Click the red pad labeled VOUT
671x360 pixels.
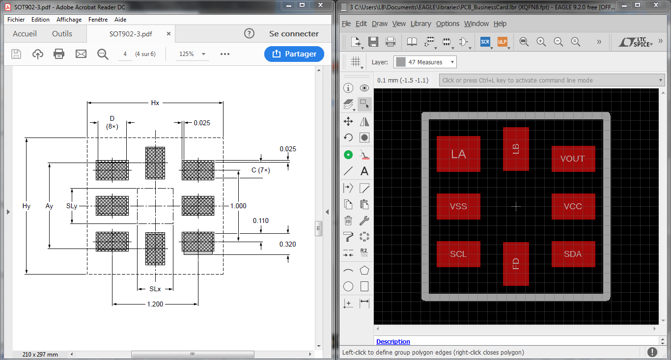coord(573,159)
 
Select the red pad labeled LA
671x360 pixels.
coord(458,154)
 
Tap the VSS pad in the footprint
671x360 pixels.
coord(458,206)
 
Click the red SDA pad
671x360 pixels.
coord(573,254)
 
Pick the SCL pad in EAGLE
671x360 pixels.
coord(458,254)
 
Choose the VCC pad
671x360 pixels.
coord(573,206)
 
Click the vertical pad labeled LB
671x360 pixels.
coord(516,149)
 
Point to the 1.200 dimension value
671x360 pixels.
coord(155,305)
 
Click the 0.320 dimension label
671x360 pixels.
coord(288,244)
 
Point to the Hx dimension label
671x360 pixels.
coord(155,103)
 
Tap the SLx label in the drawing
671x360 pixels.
coord(155,289)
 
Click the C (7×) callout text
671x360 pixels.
coord(260,170)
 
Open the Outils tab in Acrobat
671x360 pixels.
coord(62,34)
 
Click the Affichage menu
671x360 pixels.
coord(69,20)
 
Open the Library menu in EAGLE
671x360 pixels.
coord(420,24)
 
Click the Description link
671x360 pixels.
coord(393,342)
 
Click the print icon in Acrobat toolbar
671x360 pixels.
coord(59,54)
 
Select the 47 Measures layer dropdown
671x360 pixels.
coord(425,62)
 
